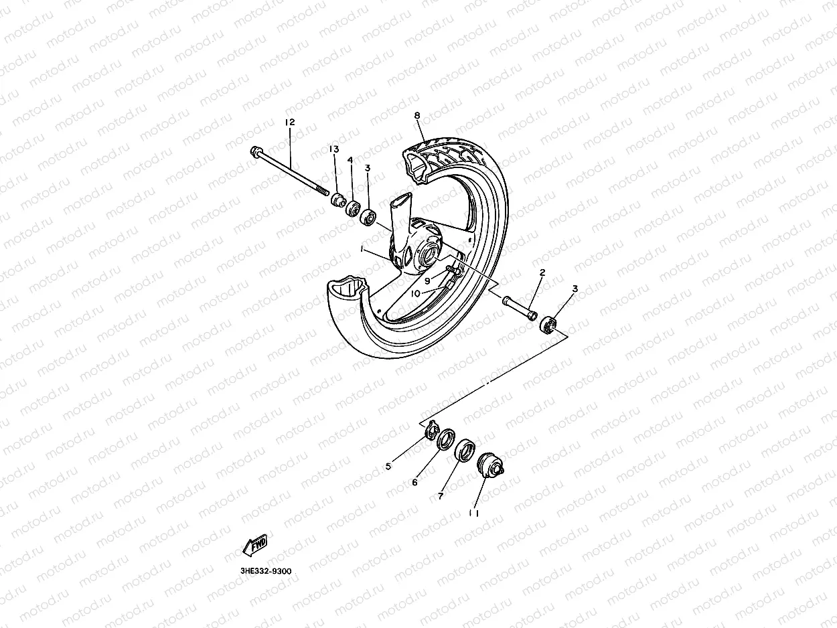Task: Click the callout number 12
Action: coord(289,123)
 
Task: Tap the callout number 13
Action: coord(333,149)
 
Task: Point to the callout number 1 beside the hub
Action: coord(362,249)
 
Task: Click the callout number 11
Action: coord(474,514)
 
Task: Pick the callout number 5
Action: coord(388,467)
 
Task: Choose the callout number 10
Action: coord(415,293)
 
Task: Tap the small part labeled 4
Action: coord(353,208)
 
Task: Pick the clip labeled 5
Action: coord(433,428)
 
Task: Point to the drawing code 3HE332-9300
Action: coord(265,572)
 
